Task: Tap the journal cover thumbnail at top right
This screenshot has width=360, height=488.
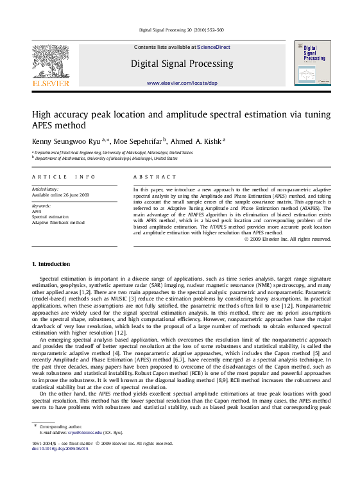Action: (x=313, y=63)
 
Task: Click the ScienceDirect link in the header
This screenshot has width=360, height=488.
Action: (x=213, y=48)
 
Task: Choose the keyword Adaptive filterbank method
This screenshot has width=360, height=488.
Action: (x=58, y=223)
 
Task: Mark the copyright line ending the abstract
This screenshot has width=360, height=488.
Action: (x=287, y=239)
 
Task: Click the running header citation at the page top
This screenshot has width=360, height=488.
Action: (x=181, y=30)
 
